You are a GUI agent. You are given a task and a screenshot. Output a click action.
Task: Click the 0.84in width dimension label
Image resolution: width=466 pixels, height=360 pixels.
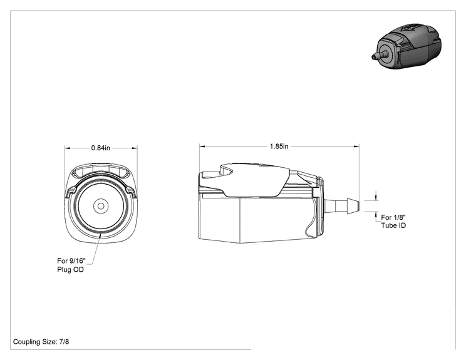tap(100, 148)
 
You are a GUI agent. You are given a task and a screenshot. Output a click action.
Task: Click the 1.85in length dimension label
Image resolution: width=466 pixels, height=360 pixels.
tap(279, 147)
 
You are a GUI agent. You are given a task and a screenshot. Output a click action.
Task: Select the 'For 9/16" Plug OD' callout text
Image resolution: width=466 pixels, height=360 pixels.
tap(71, 265)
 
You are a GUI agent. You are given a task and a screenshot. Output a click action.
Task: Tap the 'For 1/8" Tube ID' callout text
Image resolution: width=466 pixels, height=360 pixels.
tap(393, 222)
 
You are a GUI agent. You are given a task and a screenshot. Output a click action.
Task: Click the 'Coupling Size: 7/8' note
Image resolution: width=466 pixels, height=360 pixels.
tap(41, 342)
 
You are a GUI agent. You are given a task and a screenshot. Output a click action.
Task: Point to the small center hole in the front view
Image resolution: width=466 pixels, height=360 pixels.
tap(101, 206)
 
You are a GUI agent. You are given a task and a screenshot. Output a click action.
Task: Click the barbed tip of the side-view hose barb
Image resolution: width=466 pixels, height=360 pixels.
tap(353, 206)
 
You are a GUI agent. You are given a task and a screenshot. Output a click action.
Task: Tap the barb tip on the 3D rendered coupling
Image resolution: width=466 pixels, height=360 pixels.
tap(373, 56)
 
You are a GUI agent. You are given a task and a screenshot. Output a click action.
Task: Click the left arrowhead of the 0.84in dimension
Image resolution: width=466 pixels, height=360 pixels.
tap(68, 148)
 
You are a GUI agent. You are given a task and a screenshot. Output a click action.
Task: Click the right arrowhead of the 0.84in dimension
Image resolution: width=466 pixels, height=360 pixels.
tap(135, 148)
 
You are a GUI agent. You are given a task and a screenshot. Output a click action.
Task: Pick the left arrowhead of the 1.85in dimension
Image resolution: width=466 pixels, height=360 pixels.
tap(202, 146)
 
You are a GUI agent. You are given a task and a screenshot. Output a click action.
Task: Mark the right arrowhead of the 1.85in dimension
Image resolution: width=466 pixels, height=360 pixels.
tap(356, 146)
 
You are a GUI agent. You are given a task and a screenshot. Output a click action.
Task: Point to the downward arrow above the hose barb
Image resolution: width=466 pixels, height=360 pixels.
tap(376, 197)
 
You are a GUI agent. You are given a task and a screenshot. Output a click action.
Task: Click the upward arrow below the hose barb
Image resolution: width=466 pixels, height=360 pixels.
tap(376, 215)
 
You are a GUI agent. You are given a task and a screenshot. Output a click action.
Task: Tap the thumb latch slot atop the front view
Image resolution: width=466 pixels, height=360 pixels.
tap(101, 172)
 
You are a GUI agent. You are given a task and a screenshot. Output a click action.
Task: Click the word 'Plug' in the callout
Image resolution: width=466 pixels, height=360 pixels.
tap(64, 270)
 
